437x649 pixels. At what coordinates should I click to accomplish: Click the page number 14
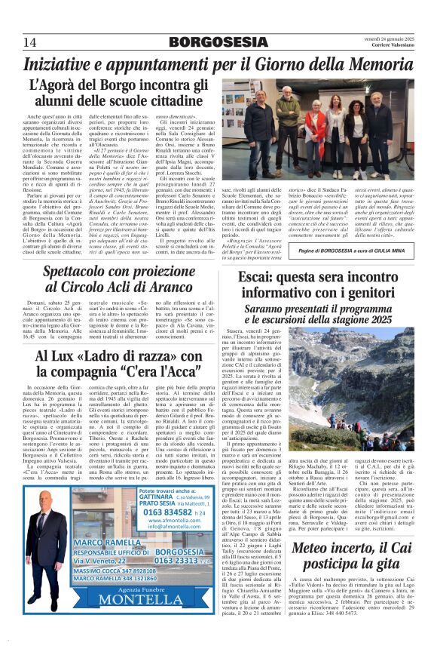coord(29,41)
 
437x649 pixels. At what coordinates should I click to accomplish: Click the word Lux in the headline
coord(60,357)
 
